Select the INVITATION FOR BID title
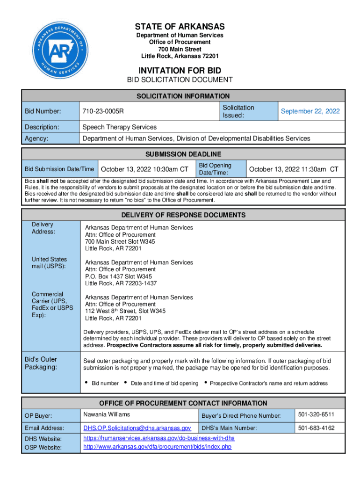coord(180,70)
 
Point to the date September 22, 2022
coord(310,111)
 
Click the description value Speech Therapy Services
coord(119,127)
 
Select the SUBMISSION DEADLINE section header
coord(183,154)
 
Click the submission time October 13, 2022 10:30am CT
coord(145,169)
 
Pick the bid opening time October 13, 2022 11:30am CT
coord(294,169)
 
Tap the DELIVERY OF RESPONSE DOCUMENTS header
coord(183,215)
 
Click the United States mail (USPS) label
coord(49,263)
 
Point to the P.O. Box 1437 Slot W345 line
coord(118,276)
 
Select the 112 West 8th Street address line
coord(125,311)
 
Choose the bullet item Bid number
coord(105,384)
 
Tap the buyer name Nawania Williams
coord(106,414)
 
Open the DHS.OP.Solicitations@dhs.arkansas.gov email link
coord(137,428)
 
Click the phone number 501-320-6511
coord(316,415)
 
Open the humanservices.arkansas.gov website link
coord(158,438)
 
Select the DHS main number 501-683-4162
coord(316,428)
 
